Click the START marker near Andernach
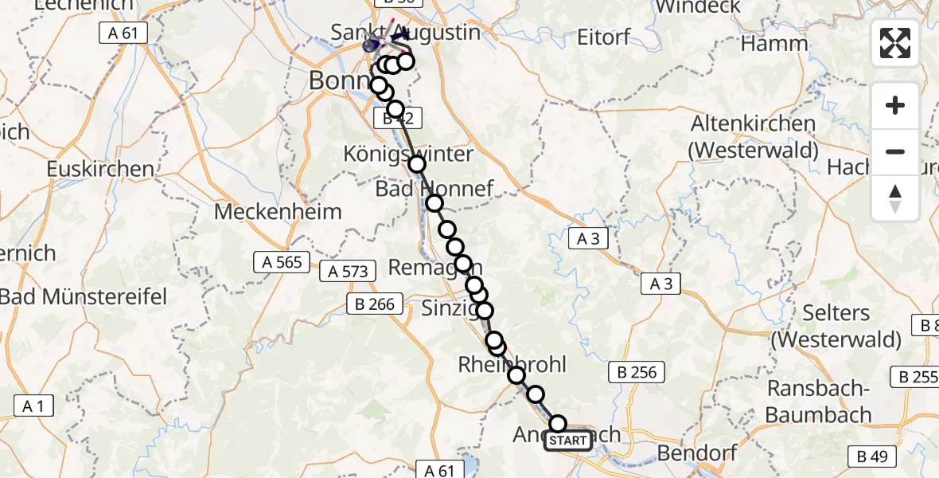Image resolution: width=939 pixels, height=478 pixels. pos(568,441)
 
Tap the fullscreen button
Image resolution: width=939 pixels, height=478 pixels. pos(895,43)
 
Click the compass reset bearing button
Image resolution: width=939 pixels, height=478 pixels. pos(895,198)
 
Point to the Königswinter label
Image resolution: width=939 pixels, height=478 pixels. pos(407,153)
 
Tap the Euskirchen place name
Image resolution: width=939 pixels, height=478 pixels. pos(100,169)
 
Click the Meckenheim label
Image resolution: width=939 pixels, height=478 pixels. pos(278,212)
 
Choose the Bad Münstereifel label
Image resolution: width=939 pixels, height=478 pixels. pos(84,297)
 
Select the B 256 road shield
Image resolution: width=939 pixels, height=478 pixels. pos(637,371)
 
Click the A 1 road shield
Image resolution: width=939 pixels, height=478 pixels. pos(33,406)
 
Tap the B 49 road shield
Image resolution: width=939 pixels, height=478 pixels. pos(874,456)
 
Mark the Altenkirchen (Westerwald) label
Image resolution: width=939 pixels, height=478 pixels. pos(754,136)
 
